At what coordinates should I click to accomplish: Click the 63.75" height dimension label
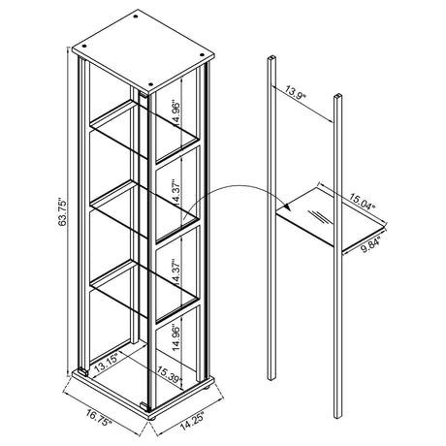[62, 212]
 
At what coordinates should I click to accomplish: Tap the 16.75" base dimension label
[99, 418]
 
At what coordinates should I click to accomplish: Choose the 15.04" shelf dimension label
[363, 202]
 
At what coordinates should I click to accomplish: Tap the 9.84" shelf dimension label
[370, 244]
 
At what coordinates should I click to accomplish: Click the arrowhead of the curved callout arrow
[287, 207]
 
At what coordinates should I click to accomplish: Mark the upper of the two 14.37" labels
[177, 192]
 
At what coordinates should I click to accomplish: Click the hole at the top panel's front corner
[150, 84]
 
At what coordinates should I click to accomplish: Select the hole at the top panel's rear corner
[136, 16]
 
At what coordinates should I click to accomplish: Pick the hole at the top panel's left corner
[84, 46]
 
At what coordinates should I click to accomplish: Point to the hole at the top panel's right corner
[202, 54]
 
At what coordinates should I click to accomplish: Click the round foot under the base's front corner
[152, 418]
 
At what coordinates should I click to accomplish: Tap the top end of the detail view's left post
[271, 58]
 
